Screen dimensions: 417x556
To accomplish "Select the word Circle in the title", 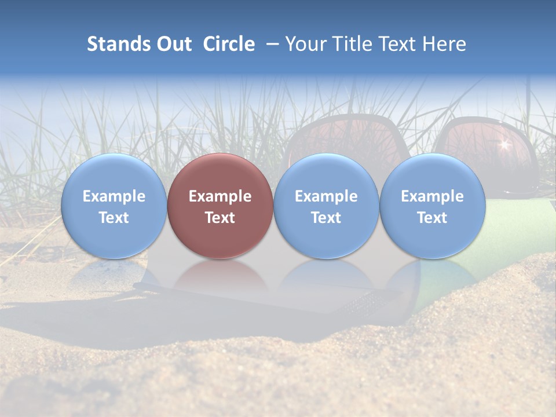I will (229, 44).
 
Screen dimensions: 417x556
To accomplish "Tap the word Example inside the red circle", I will (220, 196).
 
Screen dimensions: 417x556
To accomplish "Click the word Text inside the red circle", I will (220, 218).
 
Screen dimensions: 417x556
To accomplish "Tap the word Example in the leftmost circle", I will (114, 196).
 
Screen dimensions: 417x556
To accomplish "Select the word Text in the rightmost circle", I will (433, 218).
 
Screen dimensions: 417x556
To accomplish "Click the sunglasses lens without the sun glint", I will (336, 139).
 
